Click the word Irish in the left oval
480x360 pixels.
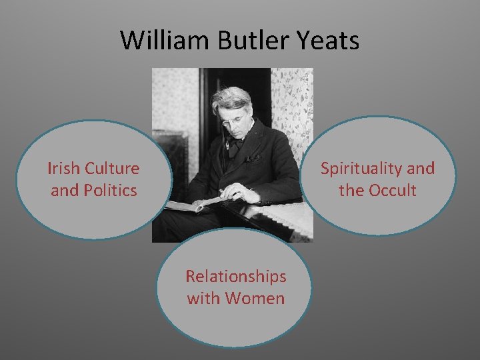(x=63, y=169)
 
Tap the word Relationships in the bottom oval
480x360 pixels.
(x=235, y=276)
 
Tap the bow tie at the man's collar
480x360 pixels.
(x=235, y=145)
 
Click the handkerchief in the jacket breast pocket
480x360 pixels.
(x=251, y=159)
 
